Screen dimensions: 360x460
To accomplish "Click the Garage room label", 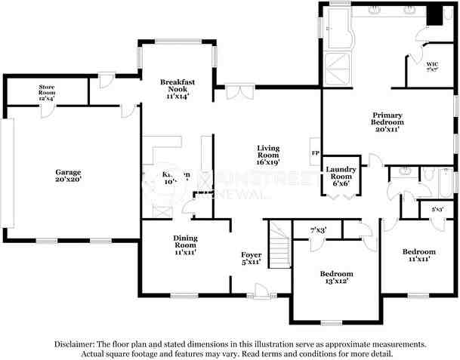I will (x=67, y=172).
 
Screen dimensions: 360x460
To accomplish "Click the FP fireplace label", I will (x=315, y=153).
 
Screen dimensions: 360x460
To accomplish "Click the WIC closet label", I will (x=433, y=64).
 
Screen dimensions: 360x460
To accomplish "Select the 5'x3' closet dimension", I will (x=437, y=209).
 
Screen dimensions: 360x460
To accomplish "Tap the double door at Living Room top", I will (x=238, y=92).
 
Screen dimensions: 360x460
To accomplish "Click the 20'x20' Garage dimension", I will (x=67, y=180).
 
